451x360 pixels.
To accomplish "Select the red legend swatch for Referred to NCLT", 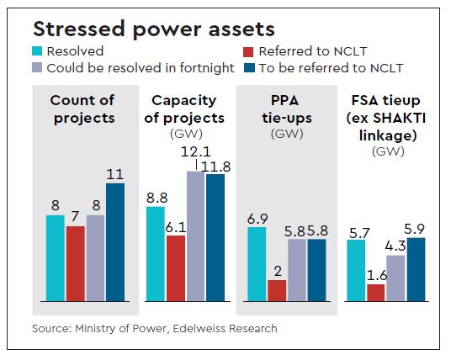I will tap(243, 52).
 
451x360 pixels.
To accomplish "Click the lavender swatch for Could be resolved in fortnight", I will tap(37, 66).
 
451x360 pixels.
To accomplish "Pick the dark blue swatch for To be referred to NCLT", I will tap(243, 66).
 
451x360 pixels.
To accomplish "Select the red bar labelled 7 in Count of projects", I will tap(75, 263).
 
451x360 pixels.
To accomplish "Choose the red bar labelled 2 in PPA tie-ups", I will tap(276, 289).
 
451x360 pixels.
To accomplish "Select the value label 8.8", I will tap(156, 197).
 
